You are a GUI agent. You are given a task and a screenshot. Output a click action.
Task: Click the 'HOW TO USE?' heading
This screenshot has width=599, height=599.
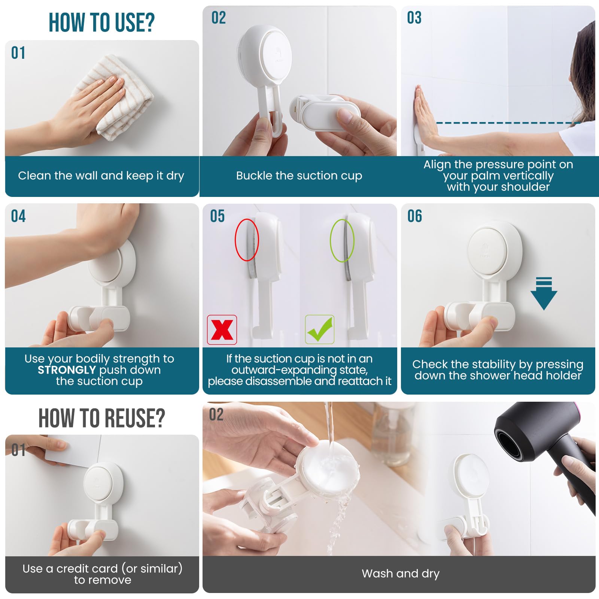pos(101,22)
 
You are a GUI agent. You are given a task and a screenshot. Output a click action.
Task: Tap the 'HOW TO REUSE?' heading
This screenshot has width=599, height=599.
pos(101,418)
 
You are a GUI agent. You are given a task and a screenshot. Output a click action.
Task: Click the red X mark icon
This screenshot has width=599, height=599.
pos(222,329)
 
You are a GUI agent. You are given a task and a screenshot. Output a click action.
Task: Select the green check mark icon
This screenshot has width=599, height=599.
pos(320,329)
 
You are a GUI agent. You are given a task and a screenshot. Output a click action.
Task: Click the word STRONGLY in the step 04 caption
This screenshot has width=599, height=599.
pos(67,370)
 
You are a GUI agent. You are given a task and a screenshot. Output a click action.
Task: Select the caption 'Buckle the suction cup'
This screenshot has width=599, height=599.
pos(299,176)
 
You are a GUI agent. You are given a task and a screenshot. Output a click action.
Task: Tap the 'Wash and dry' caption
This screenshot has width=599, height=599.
pos(401,574)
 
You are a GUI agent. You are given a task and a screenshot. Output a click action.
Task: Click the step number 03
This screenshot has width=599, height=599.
pos(414,18)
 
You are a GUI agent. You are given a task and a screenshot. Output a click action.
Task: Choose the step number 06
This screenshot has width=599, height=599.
pos(414,216)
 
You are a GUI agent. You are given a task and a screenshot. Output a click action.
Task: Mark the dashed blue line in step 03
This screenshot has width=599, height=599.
pos(508,123)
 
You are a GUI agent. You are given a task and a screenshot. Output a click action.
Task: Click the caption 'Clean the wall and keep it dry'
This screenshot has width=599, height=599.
pos(101,176)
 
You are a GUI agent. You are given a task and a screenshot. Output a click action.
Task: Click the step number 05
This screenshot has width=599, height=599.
pos(217,216)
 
